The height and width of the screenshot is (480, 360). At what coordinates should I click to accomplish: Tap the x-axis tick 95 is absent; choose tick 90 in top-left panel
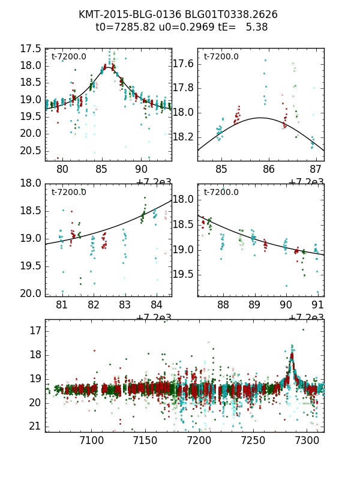tap(142, 170)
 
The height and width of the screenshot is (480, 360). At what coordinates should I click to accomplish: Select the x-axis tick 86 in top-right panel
tap(269, 170)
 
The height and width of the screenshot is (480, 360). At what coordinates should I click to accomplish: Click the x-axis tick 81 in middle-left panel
tap(62, 305)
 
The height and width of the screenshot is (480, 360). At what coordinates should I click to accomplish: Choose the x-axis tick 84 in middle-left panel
tap(156, 305)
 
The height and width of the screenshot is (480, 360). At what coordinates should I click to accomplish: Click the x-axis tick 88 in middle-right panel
tap(223, 305)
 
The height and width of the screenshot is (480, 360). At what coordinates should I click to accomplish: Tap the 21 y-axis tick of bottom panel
tap(35, 427)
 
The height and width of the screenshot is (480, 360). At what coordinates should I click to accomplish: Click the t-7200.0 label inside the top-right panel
tap(221, 57)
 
